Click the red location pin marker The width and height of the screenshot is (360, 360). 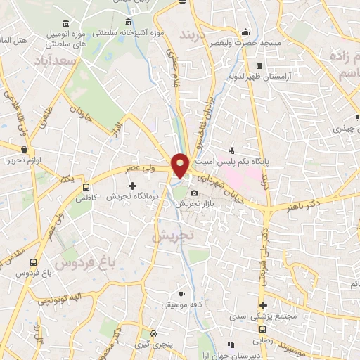[x=180, y=165]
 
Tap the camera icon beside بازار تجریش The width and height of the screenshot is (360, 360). [x=194, y=193]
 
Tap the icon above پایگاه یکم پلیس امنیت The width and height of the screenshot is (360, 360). [x=232, y=150]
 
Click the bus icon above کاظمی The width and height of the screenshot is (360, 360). [x=86, y=188]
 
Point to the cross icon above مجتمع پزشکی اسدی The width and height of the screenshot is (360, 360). [x=263, y=305]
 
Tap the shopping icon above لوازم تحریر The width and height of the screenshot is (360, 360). [x=25, y=149]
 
